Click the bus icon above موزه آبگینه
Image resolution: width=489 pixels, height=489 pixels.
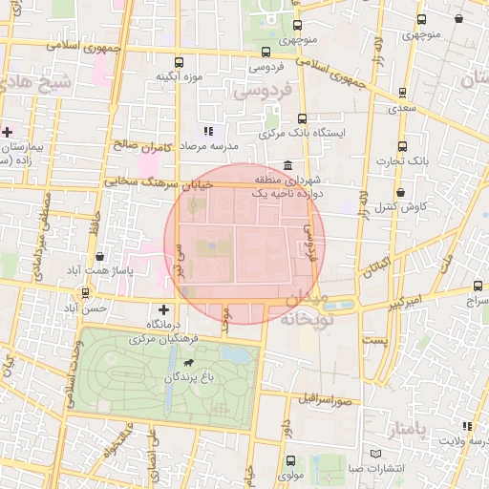click(x=175, y=58)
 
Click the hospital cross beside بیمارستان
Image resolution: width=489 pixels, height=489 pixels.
click(x=8, y=132)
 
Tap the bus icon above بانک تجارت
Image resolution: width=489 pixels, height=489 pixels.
click(x=402, y=146)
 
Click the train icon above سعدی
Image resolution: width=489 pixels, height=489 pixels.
click(x=401, y=94)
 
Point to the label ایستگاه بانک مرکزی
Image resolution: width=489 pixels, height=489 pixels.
click(x=303, y=134)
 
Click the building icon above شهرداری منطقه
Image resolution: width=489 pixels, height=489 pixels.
click(x=288, y=165)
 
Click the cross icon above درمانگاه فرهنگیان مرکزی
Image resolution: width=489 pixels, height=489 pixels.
click(x=163, y=309)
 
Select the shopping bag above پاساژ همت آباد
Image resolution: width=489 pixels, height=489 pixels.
click(x=100, y=257)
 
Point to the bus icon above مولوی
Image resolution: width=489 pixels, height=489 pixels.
click(x=291, y=459)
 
